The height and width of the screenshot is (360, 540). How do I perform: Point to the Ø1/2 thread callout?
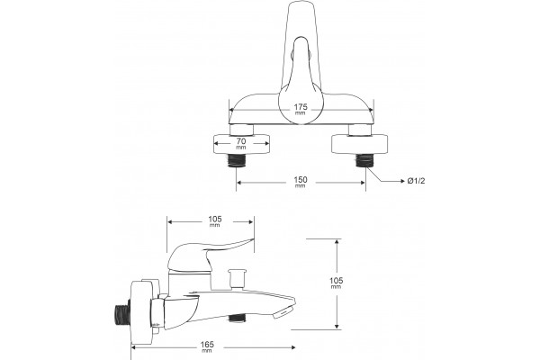[x=416, y=181]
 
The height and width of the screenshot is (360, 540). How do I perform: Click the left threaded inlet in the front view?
[x=236, y=160]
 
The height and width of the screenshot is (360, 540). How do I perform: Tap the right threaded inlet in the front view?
[x=364, y=160]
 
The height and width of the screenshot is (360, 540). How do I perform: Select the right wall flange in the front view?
[x=359, y=144]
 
